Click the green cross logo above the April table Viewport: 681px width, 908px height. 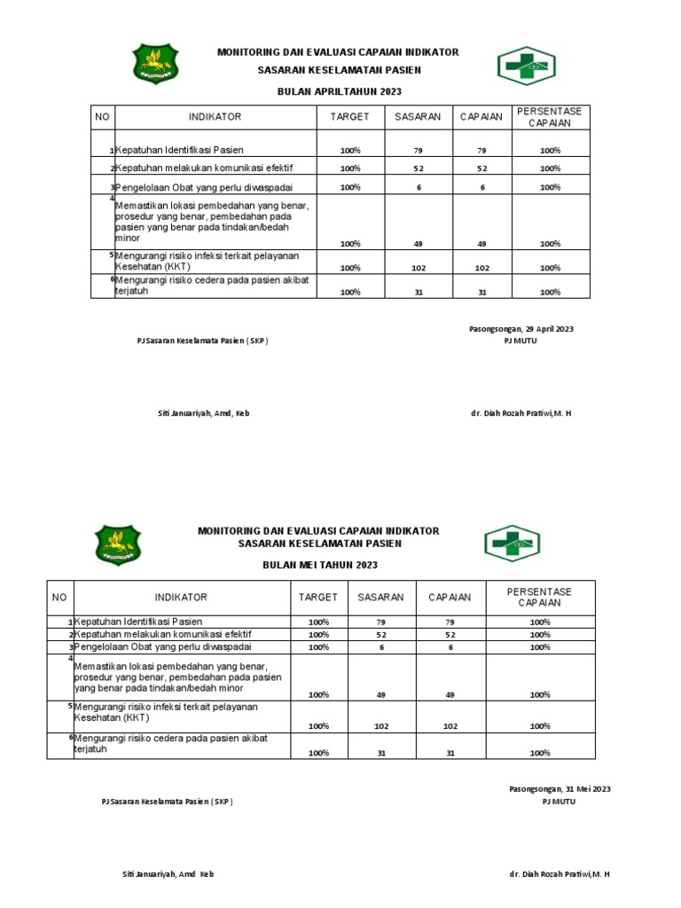pos(525,65)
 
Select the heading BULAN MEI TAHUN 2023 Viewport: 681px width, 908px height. pos(320,565)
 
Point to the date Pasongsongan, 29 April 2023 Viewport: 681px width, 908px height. pos(521,329)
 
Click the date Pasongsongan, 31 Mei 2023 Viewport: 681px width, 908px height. pos(559,788)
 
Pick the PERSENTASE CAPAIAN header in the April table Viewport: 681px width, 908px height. pos(550,117)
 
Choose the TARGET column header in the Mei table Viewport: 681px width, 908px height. pos(317,598)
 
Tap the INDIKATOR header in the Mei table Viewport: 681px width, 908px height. pos(181,598)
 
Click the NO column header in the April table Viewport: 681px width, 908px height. pos(102,117)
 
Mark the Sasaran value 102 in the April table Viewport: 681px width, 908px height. pos(418,268)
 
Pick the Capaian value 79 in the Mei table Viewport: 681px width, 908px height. pos(450,622)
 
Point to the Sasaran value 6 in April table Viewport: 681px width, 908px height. pos(418,188)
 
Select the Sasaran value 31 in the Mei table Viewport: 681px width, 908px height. pos(380,753)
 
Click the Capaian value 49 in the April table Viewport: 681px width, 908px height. pos(481,244)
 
